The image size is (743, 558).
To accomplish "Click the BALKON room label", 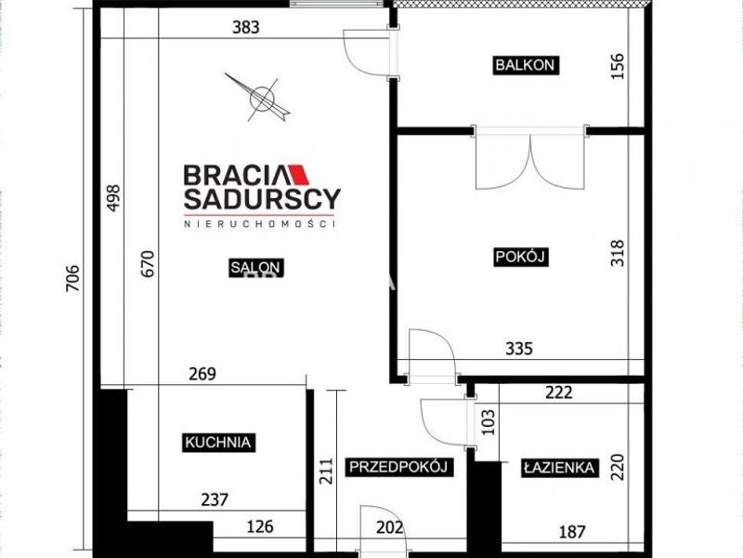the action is click(525, 65).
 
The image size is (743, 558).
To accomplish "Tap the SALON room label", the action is click(256, 268).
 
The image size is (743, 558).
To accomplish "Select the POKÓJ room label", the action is click(521, 257).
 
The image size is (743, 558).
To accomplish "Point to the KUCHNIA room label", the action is click(218, 443).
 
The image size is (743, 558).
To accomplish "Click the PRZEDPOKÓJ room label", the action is click(398, 467).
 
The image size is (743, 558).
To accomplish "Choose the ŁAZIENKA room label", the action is click(559, 468).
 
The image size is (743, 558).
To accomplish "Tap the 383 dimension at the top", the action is click(246, 27).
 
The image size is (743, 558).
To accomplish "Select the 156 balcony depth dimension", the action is click(618, 66).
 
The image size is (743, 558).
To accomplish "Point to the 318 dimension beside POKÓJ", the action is click(618, 253).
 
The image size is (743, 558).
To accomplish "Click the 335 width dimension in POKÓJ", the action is click(519, 349).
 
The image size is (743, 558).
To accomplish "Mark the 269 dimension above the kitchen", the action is click(202, 374).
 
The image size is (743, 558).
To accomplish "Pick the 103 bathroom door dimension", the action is click(488, 422).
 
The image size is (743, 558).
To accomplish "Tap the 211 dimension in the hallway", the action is click(326, 471).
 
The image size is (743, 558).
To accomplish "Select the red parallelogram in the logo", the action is click(299, 175).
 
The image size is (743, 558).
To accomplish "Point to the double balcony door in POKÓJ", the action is click(530, 159).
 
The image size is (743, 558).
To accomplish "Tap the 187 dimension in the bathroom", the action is click(572, 532).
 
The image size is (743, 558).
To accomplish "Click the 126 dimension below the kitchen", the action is click(260, 526).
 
